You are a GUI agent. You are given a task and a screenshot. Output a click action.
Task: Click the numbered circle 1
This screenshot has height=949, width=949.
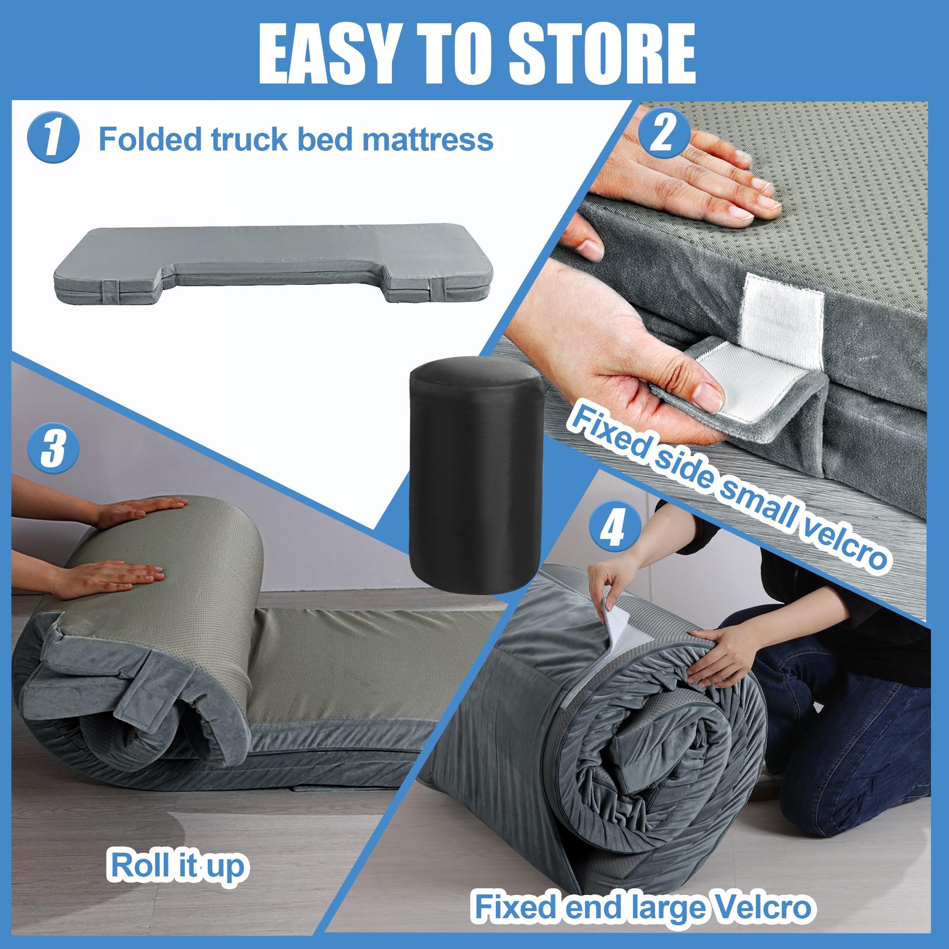[x=53, y=139]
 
